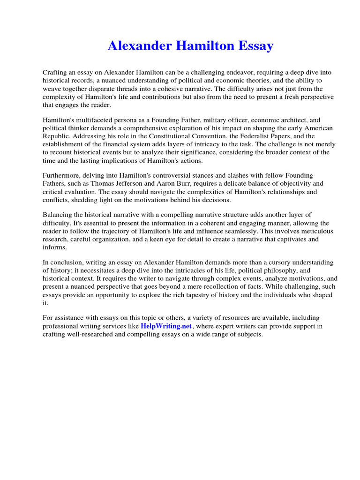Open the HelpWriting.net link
click(x=166, y=326)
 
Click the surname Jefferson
click(x=130, y=183)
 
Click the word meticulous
click(x=315, y=231)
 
